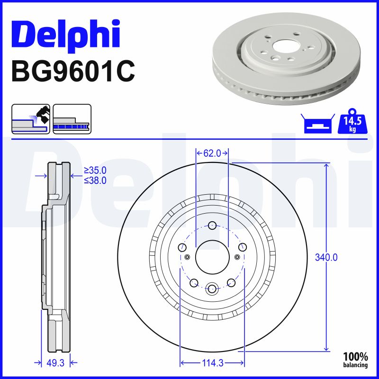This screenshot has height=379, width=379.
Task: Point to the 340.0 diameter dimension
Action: [326, 257]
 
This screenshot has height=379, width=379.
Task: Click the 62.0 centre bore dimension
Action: [212, 153]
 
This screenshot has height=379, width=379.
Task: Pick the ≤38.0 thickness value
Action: [95, 180]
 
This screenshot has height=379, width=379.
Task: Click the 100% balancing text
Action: [355, 360]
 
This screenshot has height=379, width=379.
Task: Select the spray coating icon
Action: [30, 118]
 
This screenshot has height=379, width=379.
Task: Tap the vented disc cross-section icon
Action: [72, 118]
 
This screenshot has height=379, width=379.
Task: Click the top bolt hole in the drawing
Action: [212, 225]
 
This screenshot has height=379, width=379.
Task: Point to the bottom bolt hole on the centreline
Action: [212, 288]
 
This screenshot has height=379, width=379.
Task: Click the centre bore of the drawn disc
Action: [212, 256]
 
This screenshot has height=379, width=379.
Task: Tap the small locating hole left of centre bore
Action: [187, 257]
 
